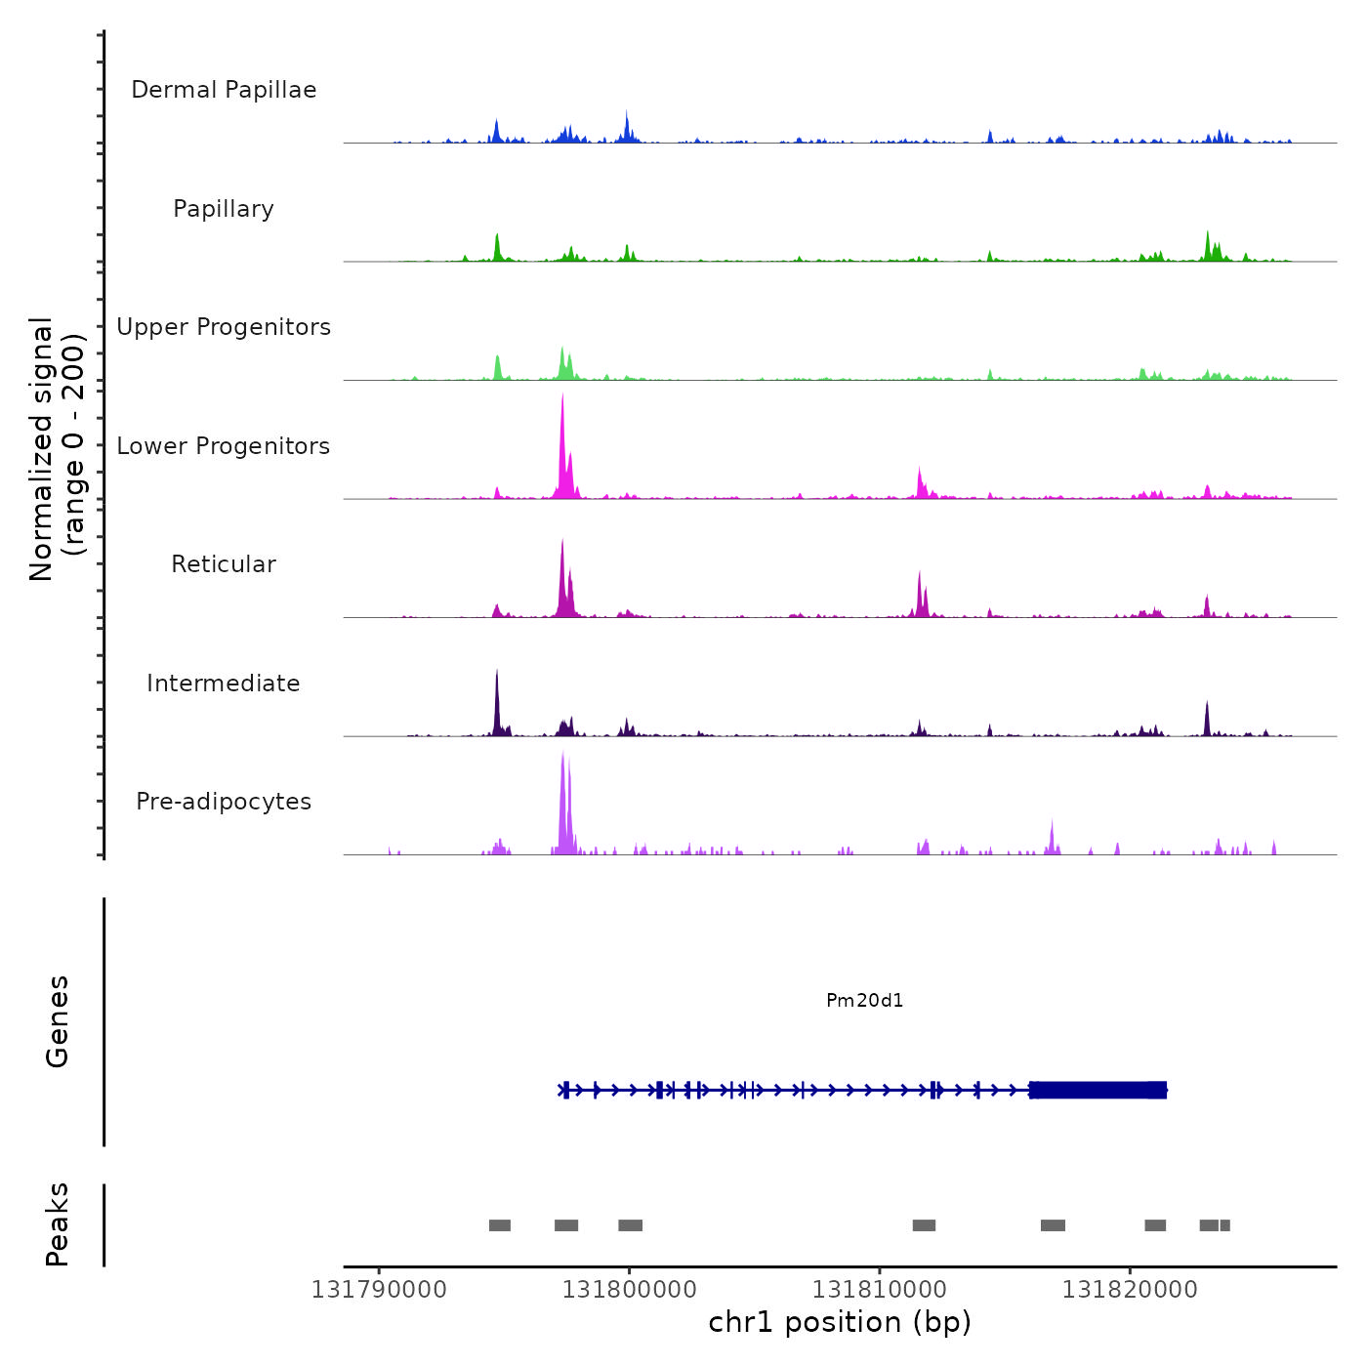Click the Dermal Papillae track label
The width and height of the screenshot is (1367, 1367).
click(224, 90)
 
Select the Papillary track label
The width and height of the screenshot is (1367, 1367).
click(224, 209)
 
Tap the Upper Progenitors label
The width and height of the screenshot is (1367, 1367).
click(224, 327)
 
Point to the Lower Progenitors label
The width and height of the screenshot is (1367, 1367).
click(224, 446)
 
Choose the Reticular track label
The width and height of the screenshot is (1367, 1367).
click(224, 564)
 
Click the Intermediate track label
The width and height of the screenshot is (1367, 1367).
click(224, 683)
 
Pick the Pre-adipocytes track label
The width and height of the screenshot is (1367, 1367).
click(224, 802)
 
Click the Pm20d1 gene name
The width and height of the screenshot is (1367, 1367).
click(865, 1001)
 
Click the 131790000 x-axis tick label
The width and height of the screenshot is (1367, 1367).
click(379, 1290)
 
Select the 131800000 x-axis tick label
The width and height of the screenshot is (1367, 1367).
click(630, 1290)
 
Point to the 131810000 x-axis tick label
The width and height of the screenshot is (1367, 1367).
click(880, 1290)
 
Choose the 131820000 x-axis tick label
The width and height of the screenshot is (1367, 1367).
click(1130, 1290)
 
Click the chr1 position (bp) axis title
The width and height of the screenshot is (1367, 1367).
click(840, 1322)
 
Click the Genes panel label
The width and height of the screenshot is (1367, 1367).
click(58, 1021)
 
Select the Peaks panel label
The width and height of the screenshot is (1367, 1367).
click(58, 1224)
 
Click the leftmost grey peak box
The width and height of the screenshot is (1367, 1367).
click(500, 1225)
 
